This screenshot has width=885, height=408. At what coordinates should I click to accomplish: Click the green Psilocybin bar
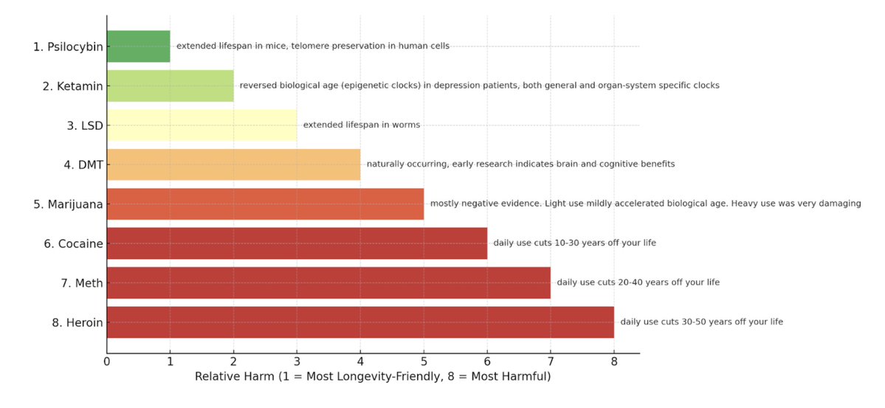click(138, 46)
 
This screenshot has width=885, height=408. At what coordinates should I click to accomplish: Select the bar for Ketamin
click(170, 86)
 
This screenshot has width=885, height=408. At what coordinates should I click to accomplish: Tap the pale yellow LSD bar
click(202, 125)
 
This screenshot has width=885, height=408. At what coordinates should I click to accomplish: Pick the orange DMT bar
click(233, 165)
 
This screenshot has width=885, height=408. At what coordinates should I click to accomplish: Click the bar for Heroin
click(360, 322)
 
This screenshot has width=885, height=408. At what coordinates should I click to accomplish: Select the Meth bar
click(328, 283)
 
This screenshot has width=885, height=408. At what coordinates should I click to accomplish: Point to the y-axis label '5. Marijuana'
click(68, 204)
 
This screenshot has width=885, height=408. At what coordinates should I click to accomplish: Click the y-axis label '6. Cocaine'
click(73, 243)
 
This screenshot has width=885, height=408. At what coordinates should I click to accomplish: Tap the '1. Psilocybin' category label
click(68, 46)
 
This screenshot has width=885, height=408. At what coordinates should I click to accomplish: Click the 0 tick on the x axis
click(107, 362)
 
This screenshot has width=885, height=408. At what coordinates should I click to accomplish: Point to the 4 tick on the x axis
click(360, 362)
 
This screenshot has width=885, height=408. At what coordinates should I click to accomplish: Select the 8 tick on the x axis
click(614, 362)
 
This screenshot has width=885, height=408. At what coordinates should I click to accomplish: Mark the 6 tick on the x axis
click(487, 362)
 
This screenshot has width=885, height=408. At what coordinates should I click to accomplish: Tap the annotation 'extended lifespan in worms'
click(362, 125)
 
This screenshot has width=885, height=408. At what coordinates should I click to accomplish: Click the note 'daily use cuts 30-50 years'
click(701, 322)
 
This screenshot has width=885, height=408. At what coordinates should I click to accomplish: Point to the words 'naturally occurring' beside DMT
click(403, 165)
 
